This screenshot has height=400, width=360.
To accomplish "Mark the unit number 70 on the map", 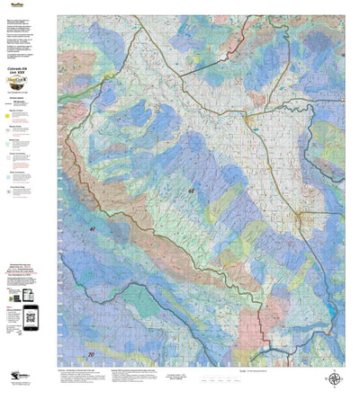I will coord(77,280).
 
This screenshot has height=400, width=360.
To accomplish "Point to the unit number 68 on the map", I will coord(191,191).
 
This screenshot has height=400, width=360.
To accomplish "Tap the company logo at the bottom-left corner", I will coord(20,379).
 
